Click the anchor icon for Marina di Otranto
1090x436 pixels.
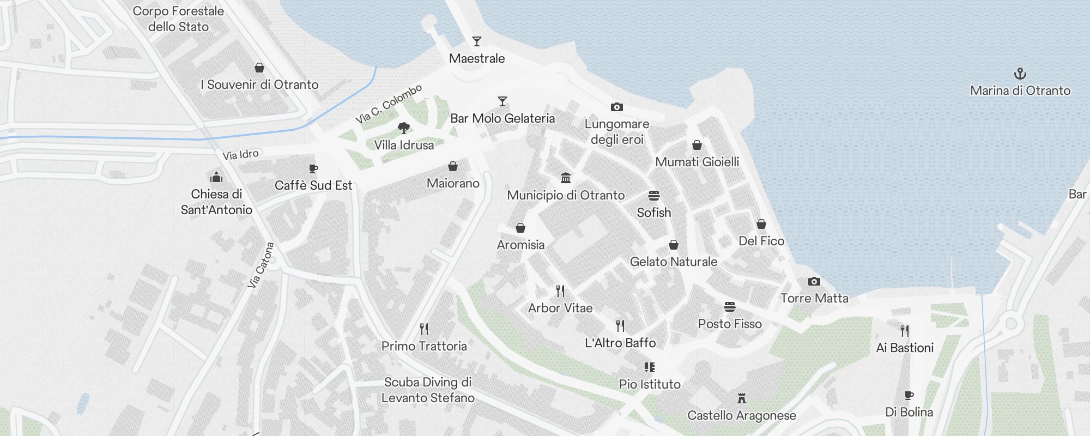coord(1020,74)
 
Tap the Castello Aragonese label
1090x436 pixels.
coord(741,415)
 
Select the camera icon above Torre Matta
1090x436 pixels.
coord(814,281)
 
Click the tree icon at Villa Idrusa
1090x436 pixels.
coord(404,128)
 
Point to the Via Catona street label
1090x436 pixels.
coord(261,265)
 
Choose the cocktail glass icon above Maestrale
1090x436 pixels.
coord(477,41)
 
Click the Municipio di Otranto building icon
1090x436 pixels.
coord(566,178)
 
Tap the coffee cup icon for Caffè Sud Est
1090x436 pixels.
coord(313,169)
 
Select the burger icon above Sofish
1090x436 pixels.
coord(654,196)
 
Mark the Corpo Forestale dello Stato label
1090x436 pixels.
coord(178,19)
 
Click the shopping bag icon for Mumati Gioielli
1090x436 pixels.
coord(697,145)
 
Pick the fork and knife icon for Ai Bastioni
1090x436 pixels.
coord(905,330)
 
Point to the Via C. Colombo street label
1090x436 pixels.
coord(389,104)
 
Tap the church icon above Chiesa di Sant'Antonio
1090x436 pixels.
coord(216,177)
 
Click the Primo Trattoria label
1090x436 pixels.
coord(424,346)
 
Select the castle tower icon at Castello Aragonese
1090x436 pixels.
coord(741,398)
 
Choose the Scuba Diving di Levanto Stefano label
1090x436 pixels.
coord(428,390)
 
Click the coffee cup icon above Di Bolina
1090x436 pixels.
coord(909,395)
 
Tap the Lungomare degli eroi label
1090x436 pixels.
coord(617,131)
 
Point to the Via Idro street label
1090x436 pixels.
coord(240,155)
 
